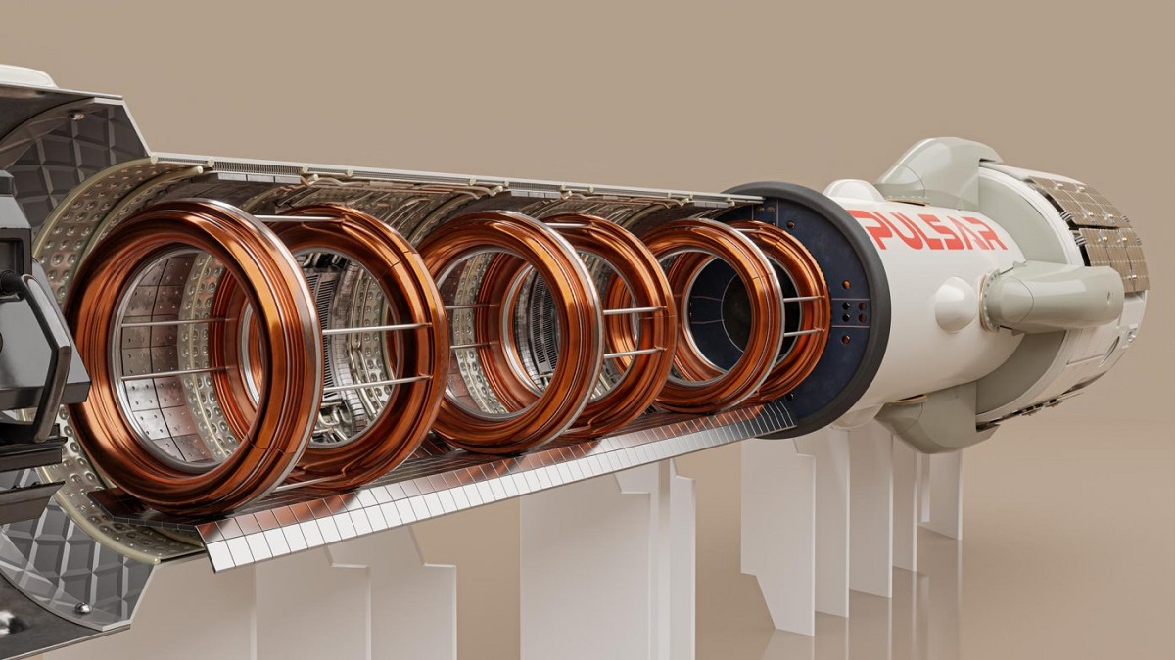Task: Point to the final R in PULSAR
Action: [x=991, y=237]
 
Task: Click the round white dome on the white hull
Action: [x=956, y=305]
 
